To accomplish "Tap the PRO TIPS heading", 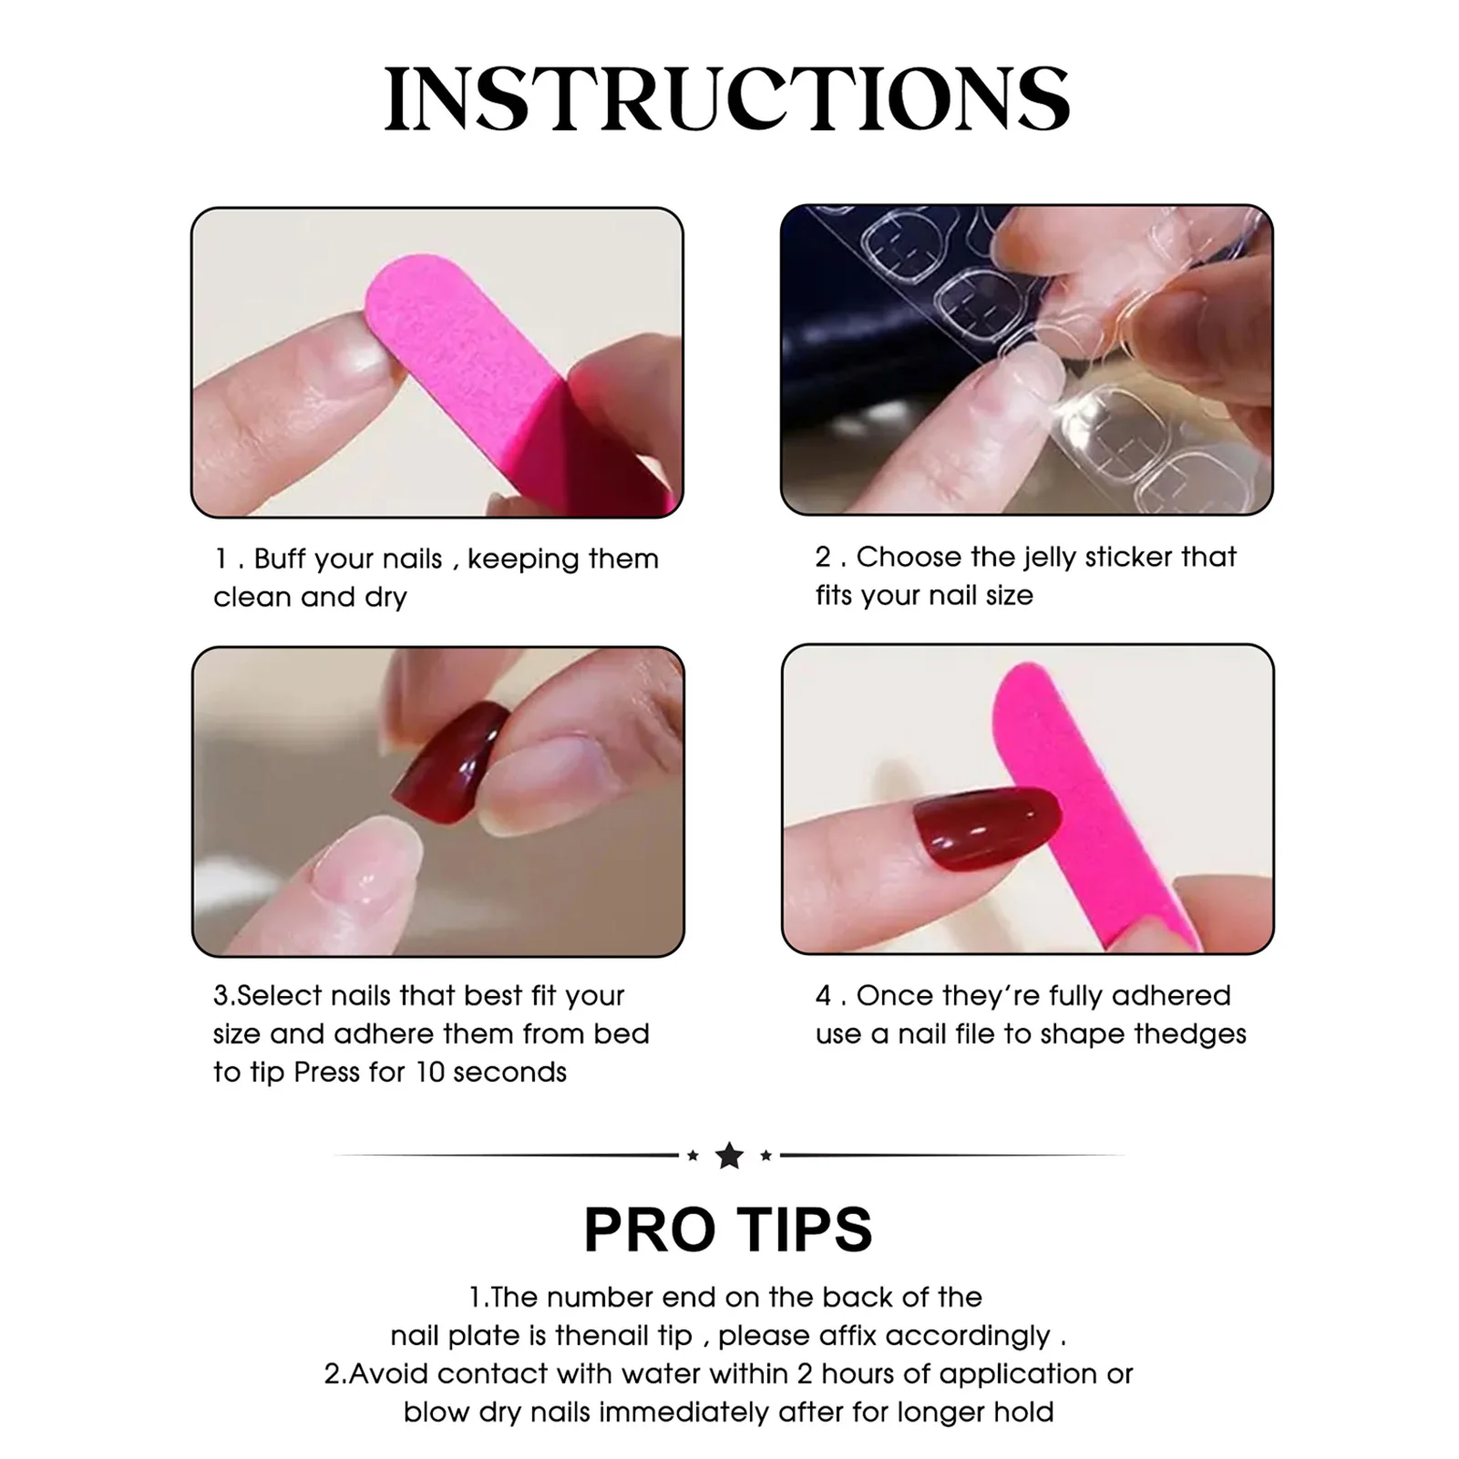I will [728, 1230].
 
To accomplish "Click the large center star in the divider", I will [729, 1156].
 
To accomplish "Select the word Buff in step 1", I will [281, 559].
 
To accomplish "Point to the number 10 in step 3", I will [428, 1073].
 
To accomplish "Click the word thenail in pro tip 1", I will [591, 1336].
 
